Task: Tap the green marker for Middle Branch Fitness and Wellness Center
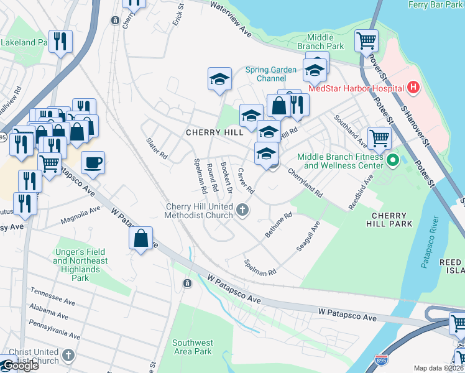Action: click(392, 161)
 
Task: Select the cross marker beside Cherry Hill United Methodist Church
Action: click(243, 211)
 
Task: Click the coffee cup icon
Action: click(93, 163)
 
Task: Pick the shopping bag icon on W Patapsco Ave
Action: click(141, 238)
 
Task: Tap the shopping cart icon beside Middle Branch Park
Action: click(366, 41)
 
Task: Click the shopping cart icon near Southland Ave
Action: click(379, 139)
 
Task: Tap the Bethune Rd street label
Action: click(279, 226)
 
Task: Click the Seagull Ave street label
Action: click(308, 236)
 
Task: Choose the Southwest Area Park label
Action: click(193, 347)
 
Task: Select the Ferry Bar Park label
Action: click(435, 4)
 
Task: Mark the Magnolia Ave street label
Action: click(80, 216)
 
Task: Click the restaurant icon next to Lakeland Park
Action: click(60, 41)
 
